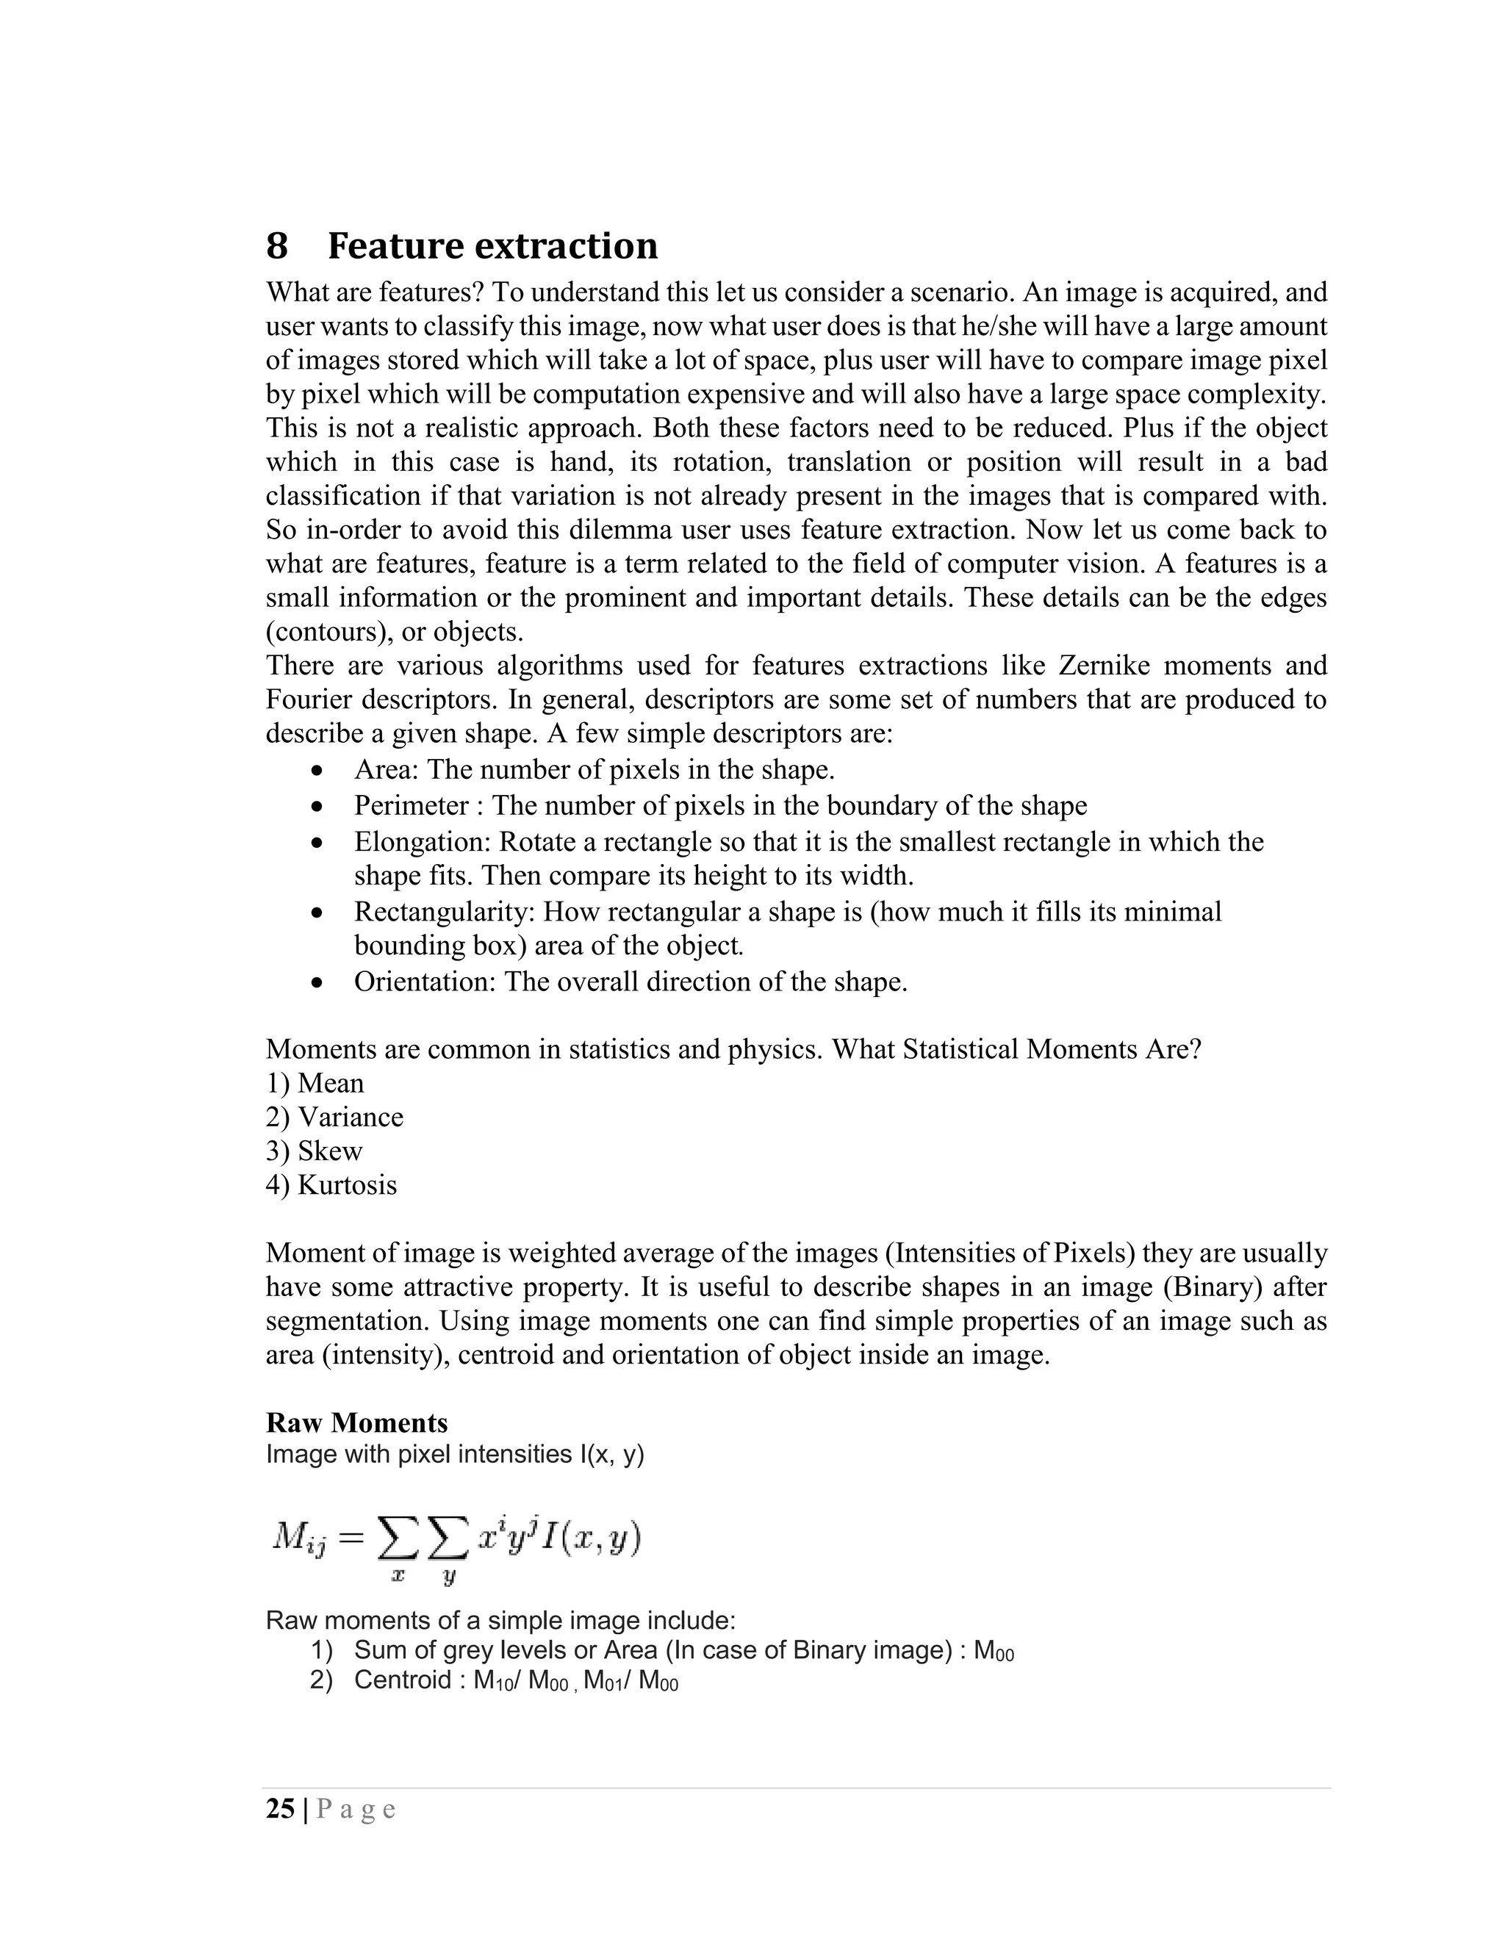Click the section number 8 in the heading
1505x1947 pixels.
[277, 246]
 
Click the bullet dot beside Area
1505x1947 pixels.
[317, 770]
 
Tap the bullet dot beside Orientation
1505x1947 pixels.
[317, 982]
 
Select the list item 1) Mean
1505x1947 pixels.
[315, 1083]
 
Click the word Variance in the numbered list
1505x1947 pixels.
[350, 1117]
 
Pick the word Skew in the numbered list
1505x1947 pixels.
[330, 1151]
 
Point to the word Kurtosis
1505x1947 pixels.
[347, 1185]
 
